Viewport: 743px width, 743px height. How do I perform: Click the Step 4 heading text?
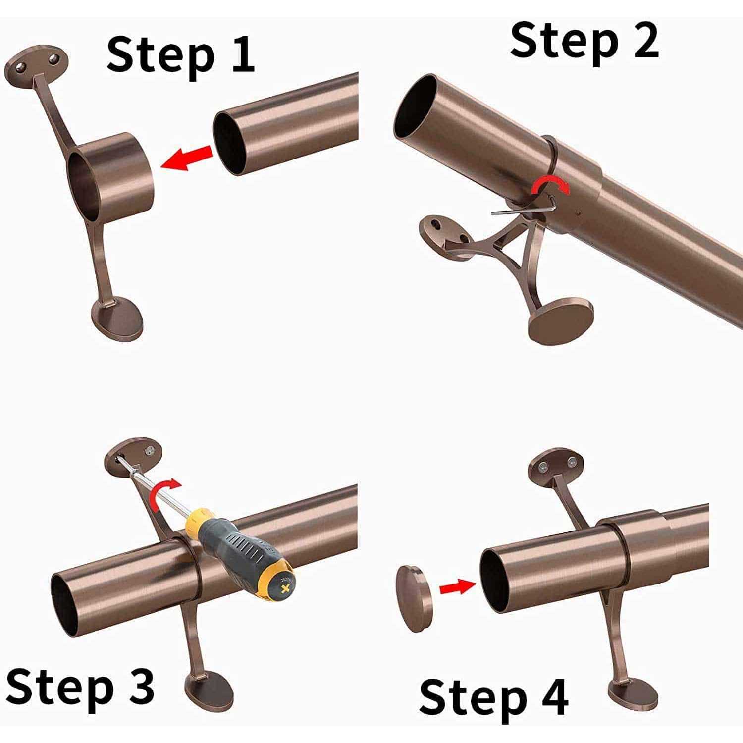[x=493, y=696]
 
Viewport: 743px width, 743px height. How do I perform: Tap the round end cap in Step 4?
[x=414, y=598]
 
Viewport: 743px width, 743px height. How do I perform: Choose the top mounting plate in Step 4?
[x=558, y=464]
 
